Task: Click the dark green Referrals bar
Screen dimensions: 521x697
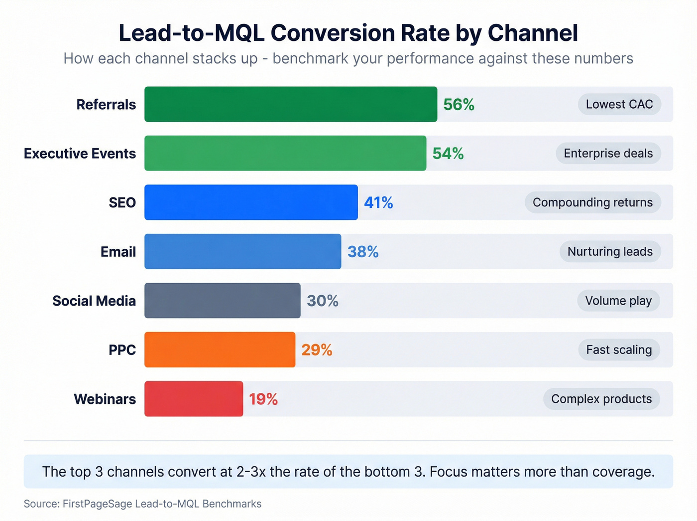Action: (x=291, y=104)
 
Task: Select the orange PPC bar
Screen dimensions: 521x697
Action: (x=220, y=349)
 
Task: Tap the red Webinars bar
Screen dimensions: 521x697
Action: (x=194, y=399)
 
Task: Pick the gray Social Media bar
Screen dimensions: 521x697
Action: (x=223, y=301)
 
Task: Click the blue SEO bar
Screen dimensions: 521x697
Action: (x=251, y=202)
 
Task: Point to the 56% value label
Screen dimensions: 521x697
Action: (x=459, y=105)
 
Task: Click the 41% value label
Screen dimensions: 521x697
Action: (x=378, y=202)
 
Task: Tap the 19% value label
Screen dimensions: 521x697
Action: (x=263, y=399)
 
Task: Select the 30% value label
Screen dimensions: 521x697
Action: (x=323, y=301)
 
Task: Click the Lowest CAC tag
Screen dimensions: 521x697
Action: (x=619, y=104)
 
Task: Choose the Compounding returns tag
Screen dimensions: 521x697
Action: (x=592, y=202)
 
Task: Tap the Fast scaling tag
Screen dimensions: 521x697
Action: (x=619, y=349)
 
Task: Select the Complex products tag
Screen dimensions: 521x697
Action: (x=601, y=399)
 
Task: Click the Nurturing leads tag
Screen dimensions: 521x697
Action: (x=610, y=251)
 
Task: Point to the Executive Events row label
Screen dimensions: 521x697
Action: (x=80, y=154)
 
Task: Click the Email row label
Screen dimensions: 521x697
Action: (x=118, y=252)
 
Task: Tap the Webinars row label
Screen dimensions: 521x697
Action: (x=105, y=399)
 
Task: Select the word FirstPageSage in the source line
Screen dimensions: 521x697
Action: (x=97, y=504)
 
